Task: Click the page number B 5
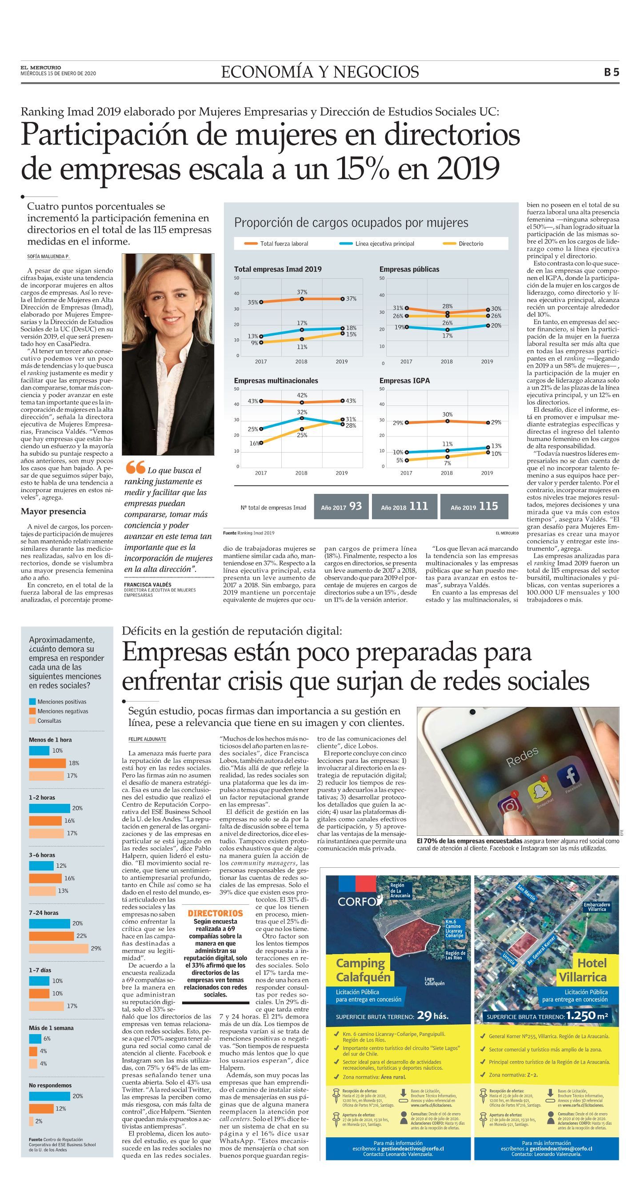click(x=611, y=72)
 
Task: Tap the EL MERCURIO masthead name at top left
click(x=40, y=68)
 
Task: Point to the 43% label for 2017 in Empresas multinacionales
click(x=252, y=401)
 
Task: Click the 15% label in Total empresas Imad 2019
click(x=351, y=334)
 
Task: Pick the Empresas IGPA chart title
click(x=404, y=381)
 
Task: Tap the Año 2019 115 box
click(x=474, y=507)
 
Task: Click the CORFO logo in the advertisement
click(x=359, y=899)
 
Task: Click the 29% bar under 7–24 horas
click(x=58, y=948)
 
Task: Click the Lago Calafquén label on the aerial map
click(x=434, y=981)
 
